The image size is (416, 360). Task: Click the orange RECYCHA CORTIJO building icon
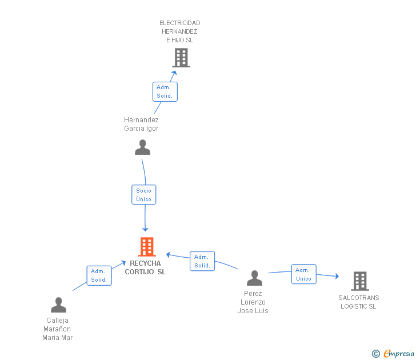[x=147, y=247]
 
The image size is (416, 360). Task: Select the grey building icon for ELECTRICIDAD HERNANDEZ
[x=181, y=58]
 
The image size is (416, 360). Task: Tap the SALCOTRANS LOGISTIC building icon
[x=360, y=281]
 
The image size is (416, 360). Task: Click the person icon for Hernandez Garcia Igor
[x=142, y=147]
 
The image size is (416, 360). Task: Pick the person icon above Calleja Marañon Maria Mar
[x=58, y=305]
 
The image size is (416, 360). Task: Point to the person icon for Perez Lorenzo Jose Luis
[x=254, y=278]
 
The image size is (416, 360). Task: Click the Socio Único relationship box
[x=144, y=195]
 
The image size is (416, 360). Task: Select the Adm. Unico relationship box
[x=304, y=274]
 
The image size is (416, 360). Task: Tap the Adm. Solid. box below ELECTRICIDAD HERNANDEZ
[x=165, y=91]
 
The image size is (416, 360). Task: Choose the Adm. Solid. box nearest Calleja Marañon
[x=99, y=275]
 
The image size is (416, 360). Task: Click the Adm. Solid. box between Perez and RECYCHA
[x=202, y=261]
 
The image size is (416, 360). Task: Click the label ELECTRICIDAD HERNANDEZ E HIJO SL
[x=179, y=31]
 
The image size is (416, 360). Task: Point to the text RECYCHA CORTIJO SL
[x=145, y=267]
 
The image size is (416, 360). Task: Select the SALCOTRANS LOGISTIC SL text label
[x=358, y=302]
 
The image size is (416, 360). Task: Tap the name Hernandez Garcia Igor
[x=141, y=124]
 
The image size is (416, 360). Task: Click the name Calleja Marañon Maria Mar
[x=57, y=329]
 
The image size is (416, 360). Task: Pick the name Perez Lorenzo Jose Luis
[x=253, y=302]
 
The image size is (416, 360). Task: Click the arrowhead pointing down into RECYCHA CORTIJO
[x=145, y=230]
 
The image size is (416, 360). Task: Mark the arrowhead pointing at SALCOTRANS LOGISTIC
[x=337, y=276]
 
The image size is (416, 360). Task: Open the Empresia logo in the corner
[x=393, y=354]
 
